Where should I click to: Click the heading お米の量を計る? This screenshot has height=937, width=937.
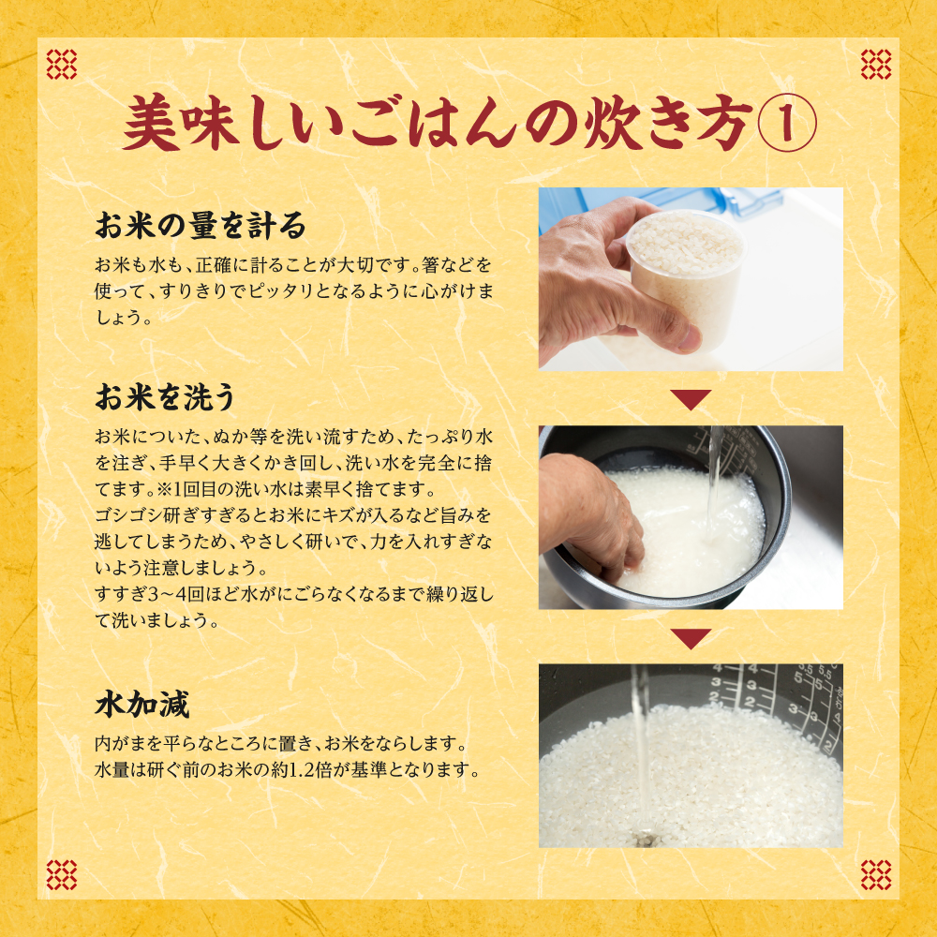(201, 225)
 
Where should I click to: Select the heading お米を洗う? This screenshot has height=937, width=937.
(166, 396)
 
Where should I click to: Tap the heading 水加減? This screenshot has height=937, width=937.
(142, 705)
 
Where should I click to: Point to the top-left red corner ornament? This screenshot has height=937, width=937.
(62, 64)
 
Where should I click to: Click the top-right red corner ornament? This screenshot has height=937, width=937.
(875, 64)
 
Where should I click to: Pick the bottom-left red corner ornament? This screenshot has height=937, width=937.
(62, 875)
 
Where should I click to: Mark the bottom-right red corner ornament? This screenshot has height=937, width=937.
(875, 875)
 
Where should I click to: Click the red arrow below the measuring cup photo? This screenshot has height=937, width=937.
(691, 398)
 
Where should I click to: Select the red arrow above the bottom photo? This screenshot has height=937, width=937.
(691, 637)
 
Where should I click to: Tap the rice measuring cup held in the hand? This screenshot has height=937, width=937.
(687, 275)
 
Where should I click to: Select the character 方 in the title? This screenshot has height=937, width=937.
(725, 123)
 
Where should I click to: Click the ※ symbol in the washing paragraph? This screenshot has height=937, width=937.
(164, 489)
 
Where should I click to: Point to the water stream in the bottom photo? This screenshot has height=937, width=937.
(641, 754)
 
